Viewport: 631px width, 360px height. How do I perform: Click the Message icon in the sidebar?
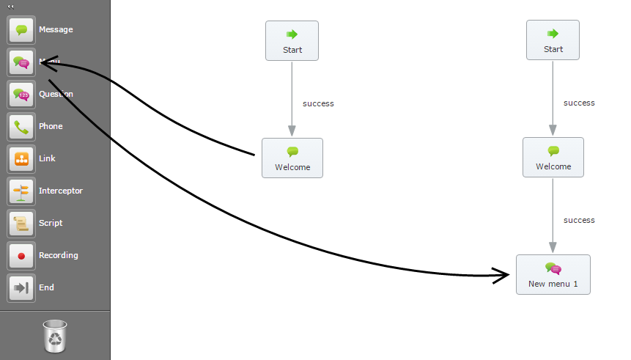21,30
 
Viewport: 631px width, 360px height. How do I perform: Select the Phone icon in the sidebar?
21,127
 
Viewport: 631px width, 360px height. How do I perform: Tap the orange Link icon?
21,159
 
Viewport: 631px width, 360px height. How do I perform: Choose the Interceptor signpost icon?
21,191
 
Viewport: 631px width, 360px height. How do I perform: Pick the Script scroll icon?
21,224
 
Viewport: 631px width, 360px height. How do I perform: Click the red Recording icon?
21,256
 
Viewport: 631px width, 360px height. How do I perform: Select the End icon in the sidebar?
21,288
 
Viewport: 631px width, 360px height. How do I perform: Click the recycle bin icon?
56,335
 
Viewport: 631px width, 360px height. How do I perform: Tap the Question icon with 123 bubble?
21,95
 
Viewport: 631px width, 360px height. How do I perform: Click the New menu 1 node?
553,275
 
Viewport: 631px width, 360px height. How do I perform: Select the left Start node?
292,41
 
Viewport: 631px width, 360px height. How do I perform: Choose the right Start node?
553,40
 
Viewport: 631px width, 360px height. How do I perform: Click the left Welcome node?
292,158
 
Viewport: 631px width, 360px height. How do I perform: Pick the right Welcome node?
553,157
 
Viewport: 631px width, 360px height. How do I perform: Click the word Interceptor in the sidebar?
61,191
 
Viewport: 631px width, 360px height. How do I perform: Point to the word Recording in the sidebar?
59,256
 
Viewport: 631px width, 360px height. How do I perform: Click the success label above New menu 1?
579,221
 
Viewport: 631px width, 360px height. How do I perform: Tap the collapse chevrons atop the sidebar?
11,6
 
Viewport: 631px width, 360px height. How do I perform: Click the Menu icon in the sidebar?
21,62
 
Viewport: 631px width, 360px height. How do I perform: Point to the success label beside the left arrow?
318,104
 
